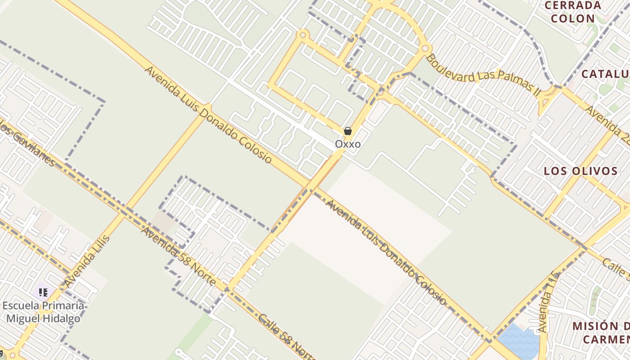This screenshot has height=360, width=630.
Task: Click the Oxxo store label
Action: [x=347, y=144]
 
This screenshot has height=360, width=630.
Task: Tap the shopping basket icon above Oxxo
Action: [x=347, y=131]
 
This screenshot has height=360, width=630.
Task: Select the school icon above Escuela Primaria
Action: [x=43, y=293]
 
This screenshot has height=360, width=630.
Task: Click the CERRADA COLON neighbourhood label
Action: [x=572, y=12]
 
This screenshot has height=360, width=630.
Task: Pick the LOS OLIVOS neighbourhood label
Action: [x=580, y=171]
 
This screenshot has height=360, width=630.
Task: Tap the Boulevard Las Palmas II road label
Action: [x=483, y=74]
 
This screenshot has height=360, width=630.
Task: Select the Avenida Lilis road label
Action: [x=87, y=261]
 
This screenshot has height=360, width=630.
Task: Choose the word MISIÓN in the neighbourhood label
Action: [x=594, y=326]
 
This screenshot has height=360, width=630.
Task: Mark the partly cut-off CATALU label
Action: [x=605, y=74]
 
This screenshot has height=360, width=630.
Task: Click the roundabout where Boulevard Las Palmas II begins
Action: [x=425, y=48]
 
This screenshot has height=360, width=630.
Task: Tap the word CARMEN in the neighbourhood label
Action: [x=606, y=339]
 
